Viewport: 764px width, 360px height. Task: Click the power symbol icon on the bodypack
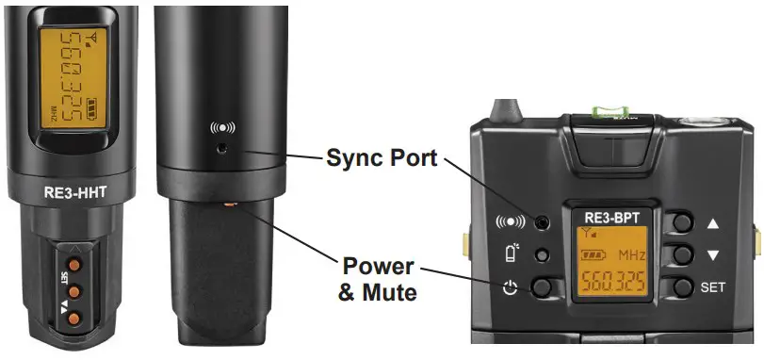(x=510, y=287)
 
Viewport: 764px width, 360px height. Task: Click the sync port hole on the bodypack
(x=542, y=222)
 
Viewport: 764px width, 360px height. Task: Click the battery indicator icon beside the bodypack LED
(x=509, y=254)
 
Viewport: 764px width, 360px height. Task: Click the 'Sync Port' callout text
(x=382, y=157)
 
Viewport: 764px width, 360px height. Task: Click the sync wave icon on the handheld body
(x=219, y=128)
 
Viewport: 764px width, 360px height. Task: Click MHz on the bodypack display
(x=630, y=255)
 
